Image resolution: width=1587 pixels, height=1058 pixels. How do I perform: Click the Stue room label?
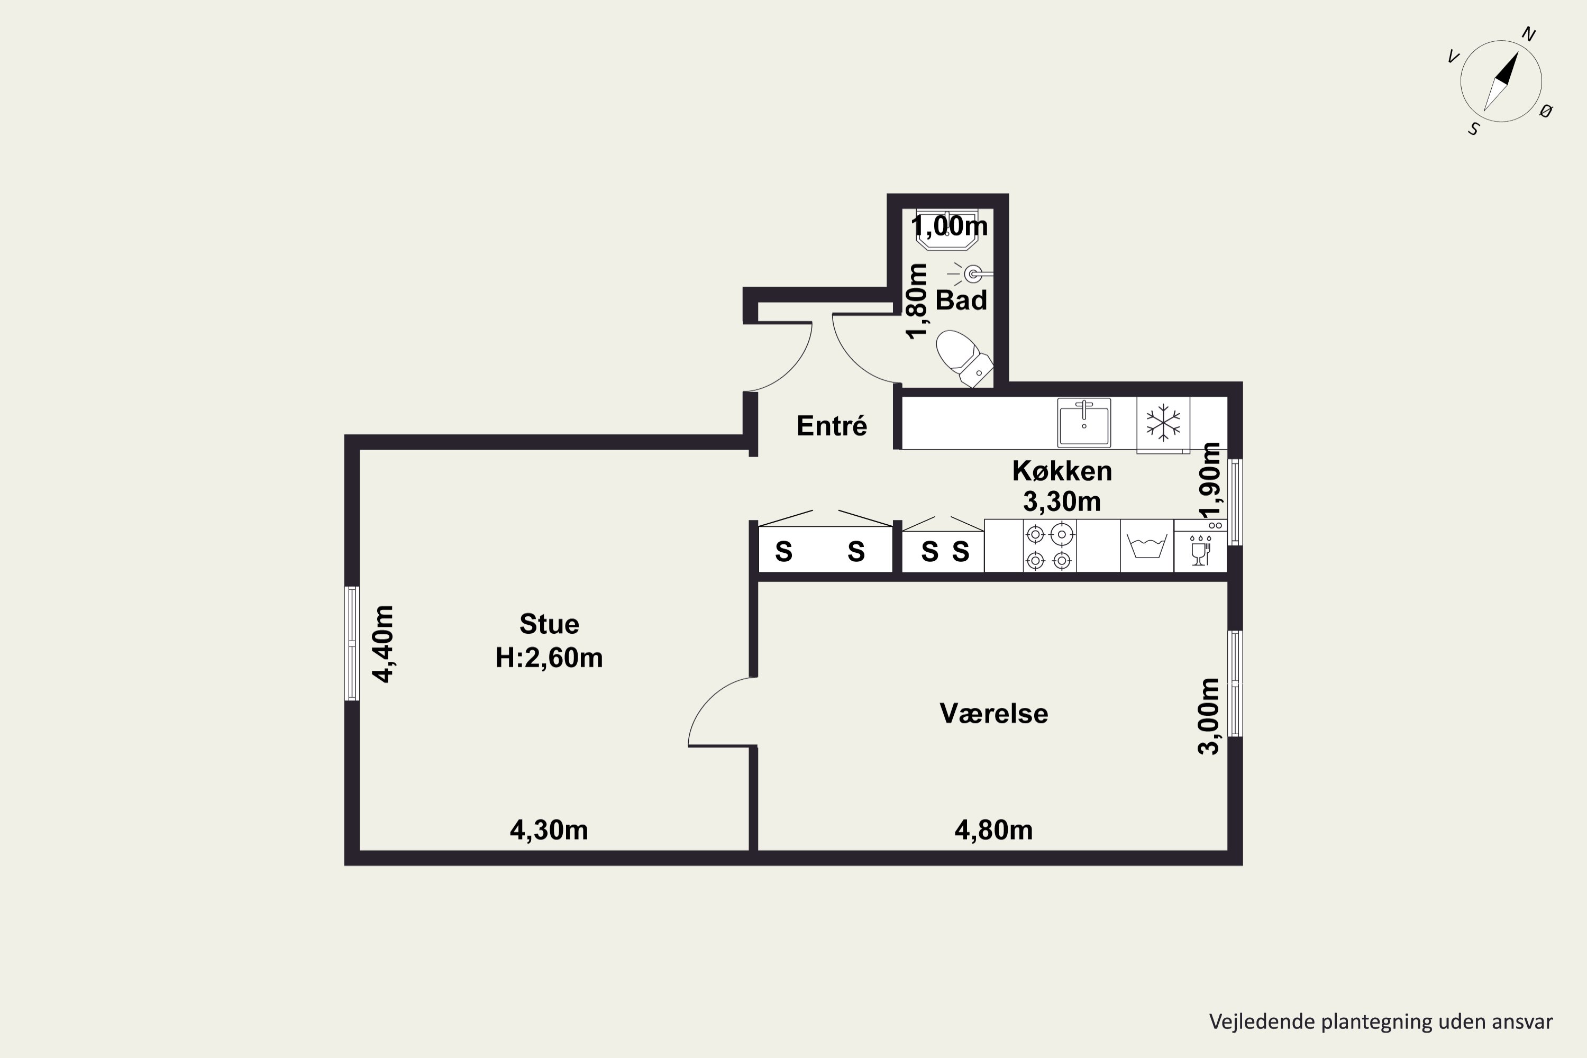point(549,624)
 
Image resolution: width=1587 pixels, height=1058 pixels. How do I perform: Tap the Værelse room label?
point(994,713)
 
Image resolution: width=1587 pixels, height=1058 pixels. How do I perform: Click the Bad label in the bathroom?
point(961,300)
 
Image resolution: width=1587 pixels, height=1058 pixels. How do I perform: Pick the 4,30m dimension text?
point(549,830)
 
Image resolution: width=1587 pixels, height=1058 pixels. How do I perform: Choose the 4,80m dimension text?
point(993,830)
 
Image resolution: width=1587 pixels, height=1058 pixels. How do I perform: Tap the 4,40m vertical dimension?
point(383,644)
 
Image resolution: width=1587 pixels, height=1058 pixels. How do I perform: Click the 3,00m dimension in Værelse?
point(1208,716)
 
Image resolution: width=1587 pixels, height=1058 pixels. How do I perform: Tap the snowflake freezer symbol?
point(1163,423)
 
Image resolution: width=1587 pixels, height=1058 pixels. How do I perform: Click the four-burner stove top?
point(1049,546)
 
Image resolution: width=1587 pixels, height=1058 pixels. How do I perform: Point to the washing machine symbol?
point(1147,546)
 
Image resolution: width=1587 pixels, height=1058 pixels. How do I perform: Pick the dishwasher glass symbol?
point(1200,551)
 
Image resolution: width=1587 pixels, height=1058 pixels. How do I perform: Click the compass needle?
point(1501,81)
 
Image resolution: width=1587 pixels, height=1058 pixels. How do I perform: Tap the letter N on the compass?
point(1529,34)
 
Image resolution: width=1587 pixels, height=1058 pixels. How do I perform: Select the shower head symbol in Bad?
point(970,273)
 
